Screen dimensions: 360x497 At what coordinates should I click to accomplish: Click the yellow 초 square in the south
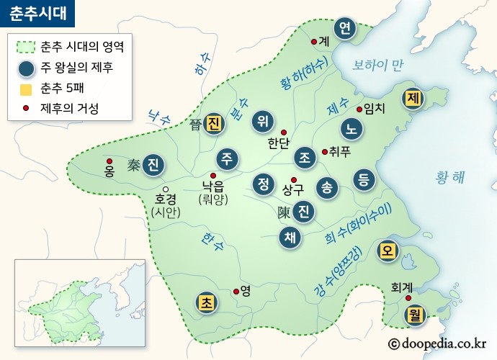[206, 302]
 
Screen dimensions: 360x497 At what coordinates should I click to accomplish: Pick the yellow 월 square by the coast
[414, 313]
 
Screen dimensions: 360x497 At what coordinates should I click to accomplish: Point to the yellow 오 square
[388, 250]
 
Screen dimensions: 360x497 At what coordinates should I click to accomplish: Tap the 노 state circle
[352, 129]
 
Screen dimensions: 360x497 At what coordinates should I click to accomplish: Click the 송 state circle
[327, 187]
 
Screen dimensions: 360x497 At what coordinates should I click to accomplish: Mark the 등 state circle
[364, 179]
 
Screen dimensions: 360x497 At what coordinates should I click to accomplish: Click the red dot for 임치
[359, 109]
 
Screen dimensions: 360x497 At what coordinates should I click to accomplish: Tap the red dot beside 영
[236, 292]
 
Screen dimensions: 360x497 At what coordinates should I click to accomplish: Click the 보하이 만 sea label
[377, 66]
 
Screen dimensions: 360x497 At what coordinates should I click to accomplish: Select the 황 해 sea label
[451, 176]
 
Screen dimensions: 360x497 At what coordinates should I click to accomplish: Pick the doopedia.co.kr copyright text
[437, 344]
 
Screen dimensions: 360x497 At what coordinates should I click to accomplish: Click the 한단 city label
[278, 143]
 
